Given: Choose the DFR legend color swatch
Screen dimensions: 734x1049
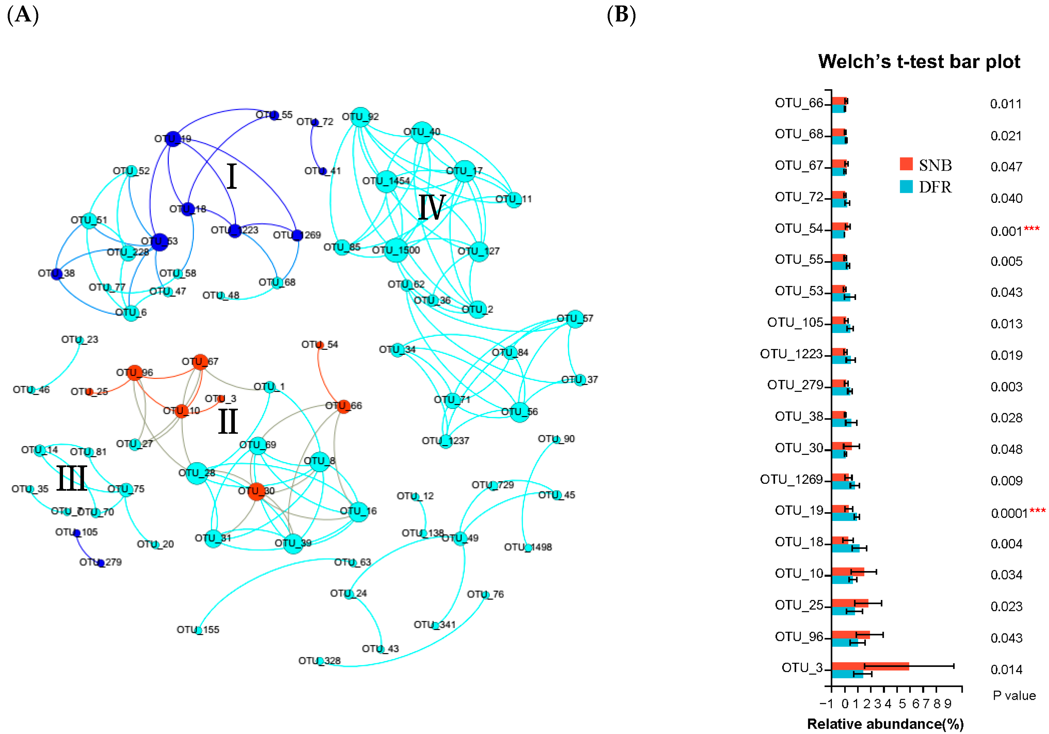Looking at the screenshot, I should point(906,186).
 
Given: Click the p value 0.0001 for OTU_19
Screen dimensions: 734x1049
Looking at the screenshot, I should point(1009,513).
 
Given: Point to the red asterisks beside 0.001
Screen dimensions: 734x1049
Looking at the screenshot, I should point(1032,228).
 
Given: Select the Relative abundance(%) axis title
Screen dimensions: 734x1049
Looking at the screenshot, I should point(885,724).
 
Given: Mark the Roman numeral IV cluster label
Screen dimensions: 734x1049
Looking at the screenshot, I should point(431,207).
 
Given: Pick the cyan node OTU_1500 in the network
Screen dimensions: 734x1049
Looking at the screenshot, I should point(396,250).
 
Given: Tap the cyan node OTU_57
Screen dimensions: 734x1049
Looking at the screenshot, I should point(575,318).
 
